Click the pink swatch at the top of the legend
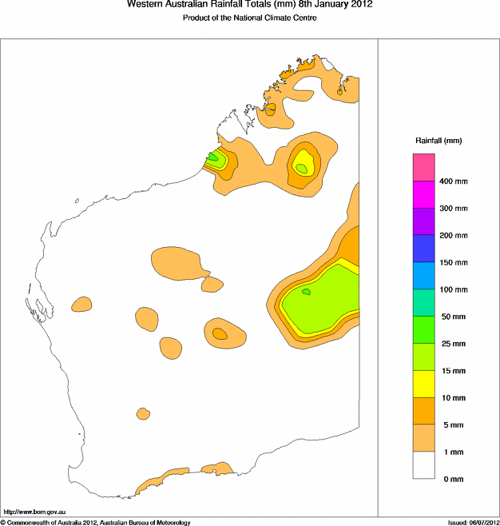coord(423,168)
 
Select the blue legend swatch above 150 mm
coord(423,249)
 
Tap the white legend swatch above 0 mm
coord(423,465)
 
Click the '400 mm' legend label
coord(454,181)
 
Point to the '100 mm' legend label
coord(454,289)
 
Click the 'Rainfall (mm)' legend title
coord(438,141)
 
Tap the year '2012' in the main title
coord(359,5)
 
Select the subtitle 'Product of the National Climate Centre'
coord(250,18)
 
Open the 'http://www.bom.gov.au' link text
coord(36,511)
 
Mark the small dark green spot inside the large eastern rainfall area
coord(306,293)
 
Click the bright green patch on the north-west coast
coord(213,157)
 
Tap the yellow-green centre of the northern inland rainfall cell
coord(301,167)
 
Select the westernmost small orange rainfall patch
coord(81,304)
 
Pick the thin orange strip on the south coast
coord(172,478)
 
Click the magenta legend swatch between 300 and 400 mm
coord(423,195)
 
